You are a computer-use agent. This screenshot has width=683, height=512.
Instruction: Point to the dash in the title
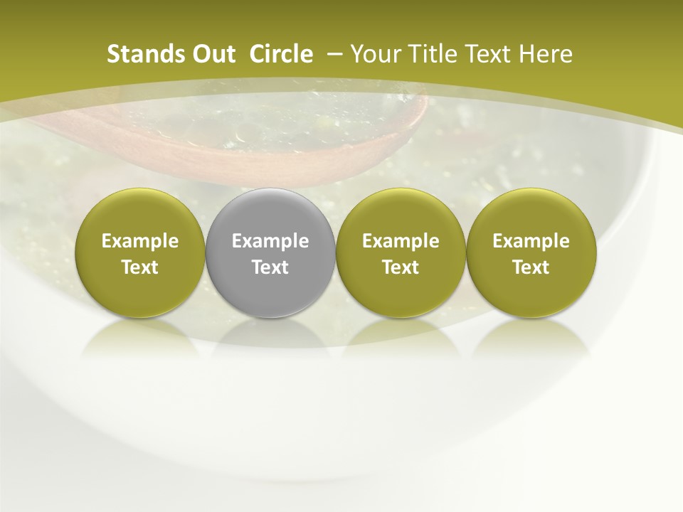(x=332, y=54)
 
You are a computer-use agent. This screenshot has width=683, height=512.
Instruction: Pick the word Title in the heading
(x=430, y=54)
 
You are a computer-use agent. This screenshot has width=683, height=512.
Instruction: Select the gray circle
(x=270, y=252)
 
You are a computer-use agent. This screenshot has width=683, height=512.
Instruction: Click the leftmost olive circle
(x=140, y=252)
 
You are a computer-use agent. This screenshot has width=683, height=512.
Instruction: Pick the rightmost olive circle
(x=531, y=252)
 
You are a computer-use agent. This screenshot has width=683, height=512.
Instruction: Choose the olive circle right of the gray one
(x=401, y=252)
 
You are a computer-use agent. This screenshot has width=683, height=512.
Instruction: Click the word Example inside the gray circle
(x=270, y=241)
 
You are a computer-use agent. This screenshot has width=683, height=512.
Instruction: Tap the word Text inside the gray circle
(x=270, y=267)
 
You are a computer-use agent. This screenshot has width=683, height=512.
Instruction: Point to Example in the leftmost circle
(x=140, y=241)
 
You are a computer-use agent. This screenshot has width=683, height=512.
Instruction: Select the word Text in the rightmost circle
(x=531, y=267)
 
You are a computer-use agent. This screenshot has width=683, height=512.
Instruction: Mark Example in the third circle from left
(x=401, y=241)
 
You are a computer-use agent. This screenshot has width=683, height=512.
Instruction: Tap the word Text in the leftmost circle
(x=140, y=267)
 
